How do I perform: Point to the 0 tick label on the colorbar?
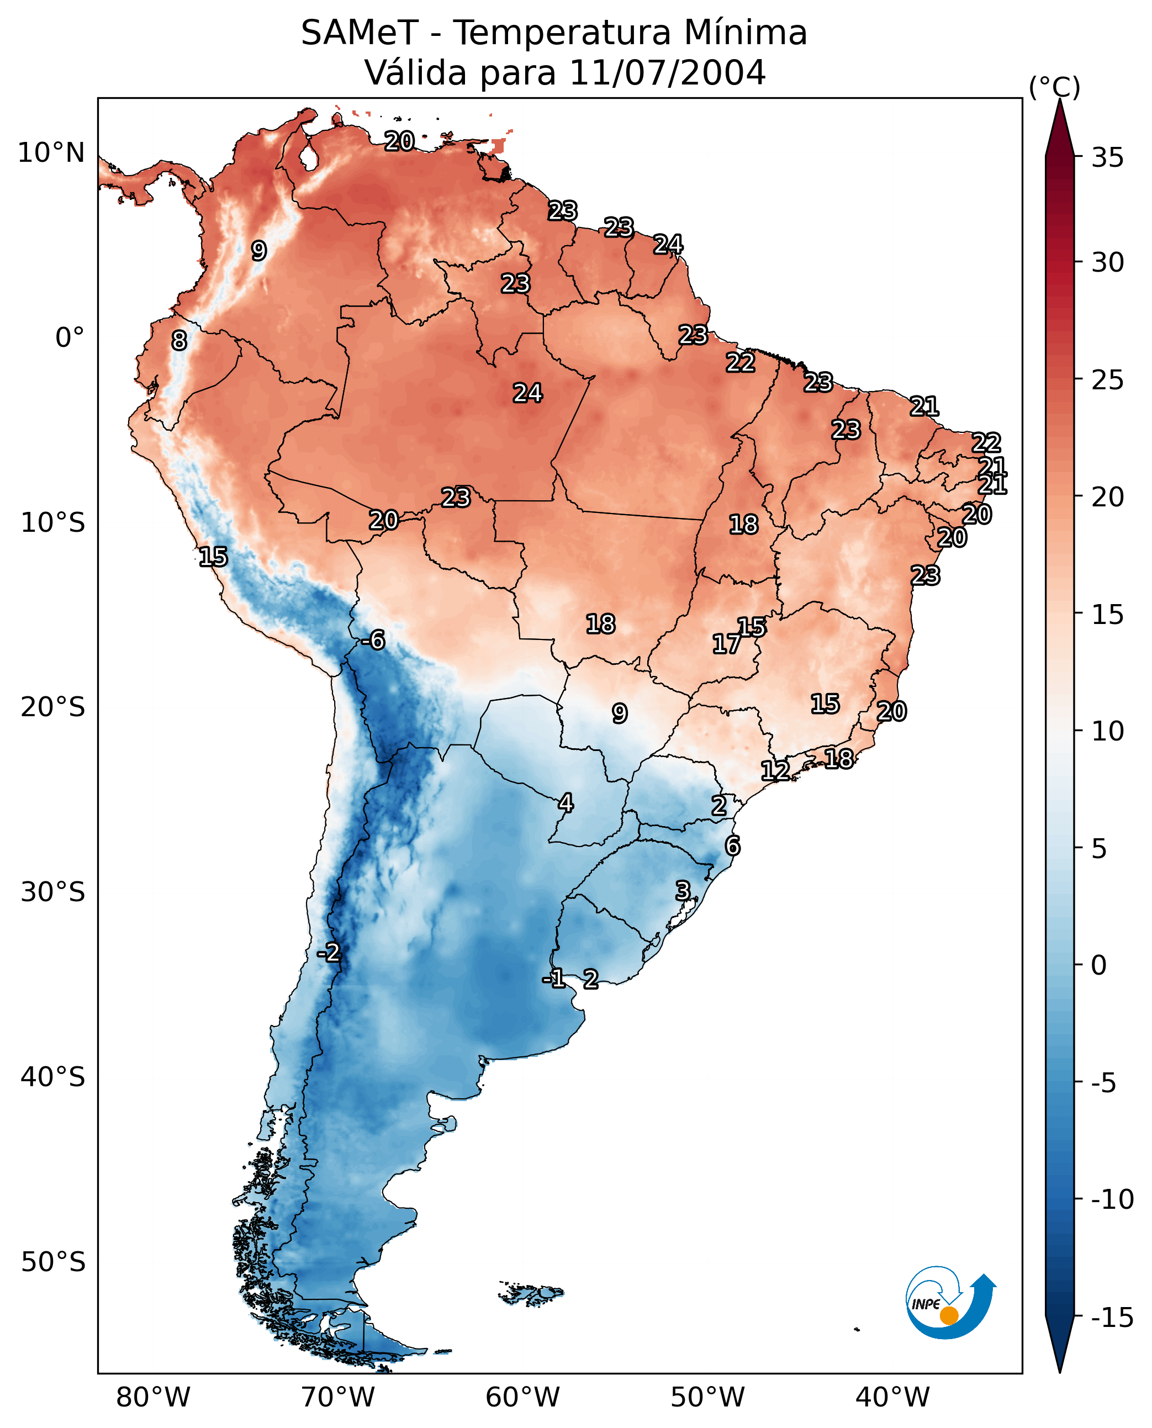(1099, 965)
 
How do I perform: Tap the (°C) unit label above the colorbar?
(1054, 87)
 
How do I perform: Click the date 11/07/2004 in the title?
(668, 72)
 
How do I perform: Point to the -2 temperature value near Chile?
(329, 953)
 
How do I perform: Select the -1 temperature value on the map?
(554, 978)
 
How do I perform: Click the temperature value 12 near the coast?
(775, 770)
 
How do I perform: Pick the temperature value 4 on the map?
(566, 803)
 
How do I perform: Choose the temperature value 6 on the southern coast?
(733, 845)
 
